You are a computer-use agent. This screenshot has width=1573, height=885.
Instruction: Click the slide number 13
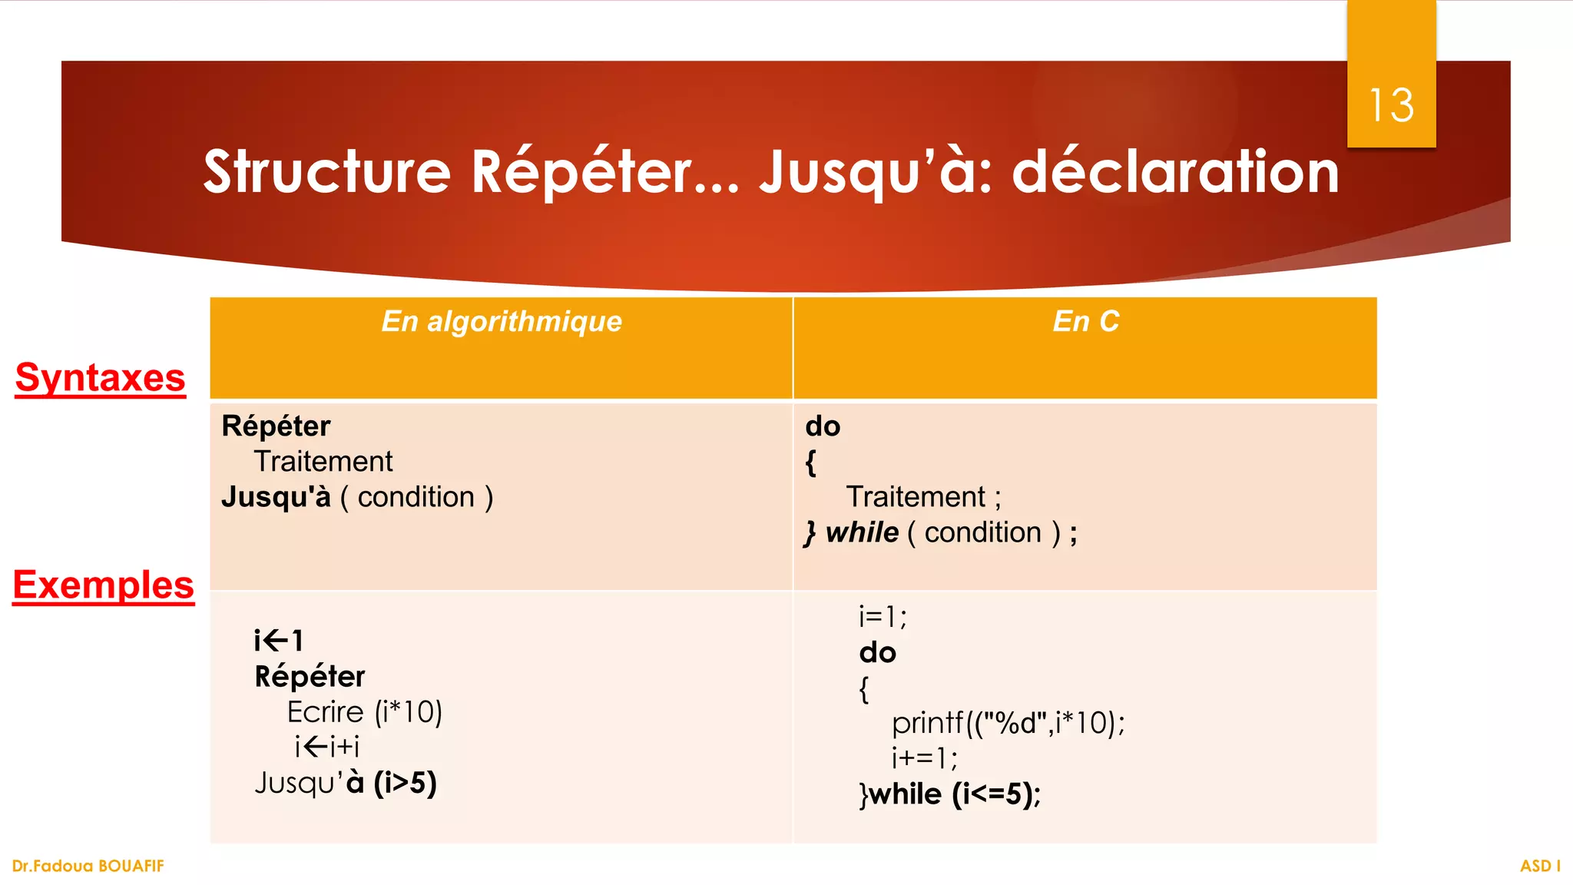(1391, 105)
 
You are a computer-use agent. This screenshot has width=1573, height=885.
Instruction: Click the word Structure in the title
(326, 171)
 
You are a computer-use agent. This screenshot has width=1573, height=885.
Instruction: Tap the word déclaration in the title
(1175, 171)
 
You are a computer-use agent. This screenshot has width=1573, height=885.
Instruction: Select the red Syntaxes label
(100, 378)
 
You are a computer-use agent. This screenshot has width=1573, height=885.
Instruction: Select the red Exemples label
(104, 585)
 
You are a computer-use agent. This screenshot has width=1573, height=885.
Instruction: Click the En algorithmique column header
(502, 321)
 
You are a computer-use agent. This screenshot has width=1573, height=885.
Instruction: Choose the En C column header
(1085, 321)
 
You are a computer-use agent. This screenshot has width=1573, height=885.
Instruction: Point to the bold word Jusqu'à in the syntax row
(276, 498)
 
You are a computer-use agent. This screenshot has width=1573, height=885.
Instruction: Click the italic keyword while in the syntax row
(862, 532)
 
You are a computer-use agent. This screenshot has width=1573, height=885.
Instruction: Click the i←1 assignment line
(279, 640)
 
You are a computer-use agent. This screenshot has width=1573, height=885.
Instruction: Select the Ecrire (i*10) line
(364, 712)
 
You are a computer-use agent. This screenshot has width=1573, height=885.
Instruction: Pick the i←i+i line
(326, 747)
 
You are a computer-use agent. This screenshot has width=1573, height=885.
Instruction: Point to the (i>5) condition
(405, 783)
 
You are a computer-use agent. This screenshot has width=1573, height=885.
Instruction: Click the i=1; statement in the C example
(883, 617)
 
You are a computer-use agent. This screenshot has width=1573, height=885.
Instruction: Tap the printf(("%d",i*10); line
(1008, 723)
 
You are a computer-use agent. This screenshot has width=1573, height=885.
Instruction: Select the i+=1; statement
(924, 758)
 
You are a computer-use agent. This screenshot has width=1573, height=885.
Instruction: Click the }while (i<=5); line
(949, 794)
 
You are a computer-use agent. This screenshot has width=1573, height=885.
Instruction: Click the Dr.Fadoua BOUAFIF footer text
(88, 866)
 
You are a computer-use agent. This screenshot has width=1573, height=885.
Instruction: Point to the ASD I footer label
(1540, 866)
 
